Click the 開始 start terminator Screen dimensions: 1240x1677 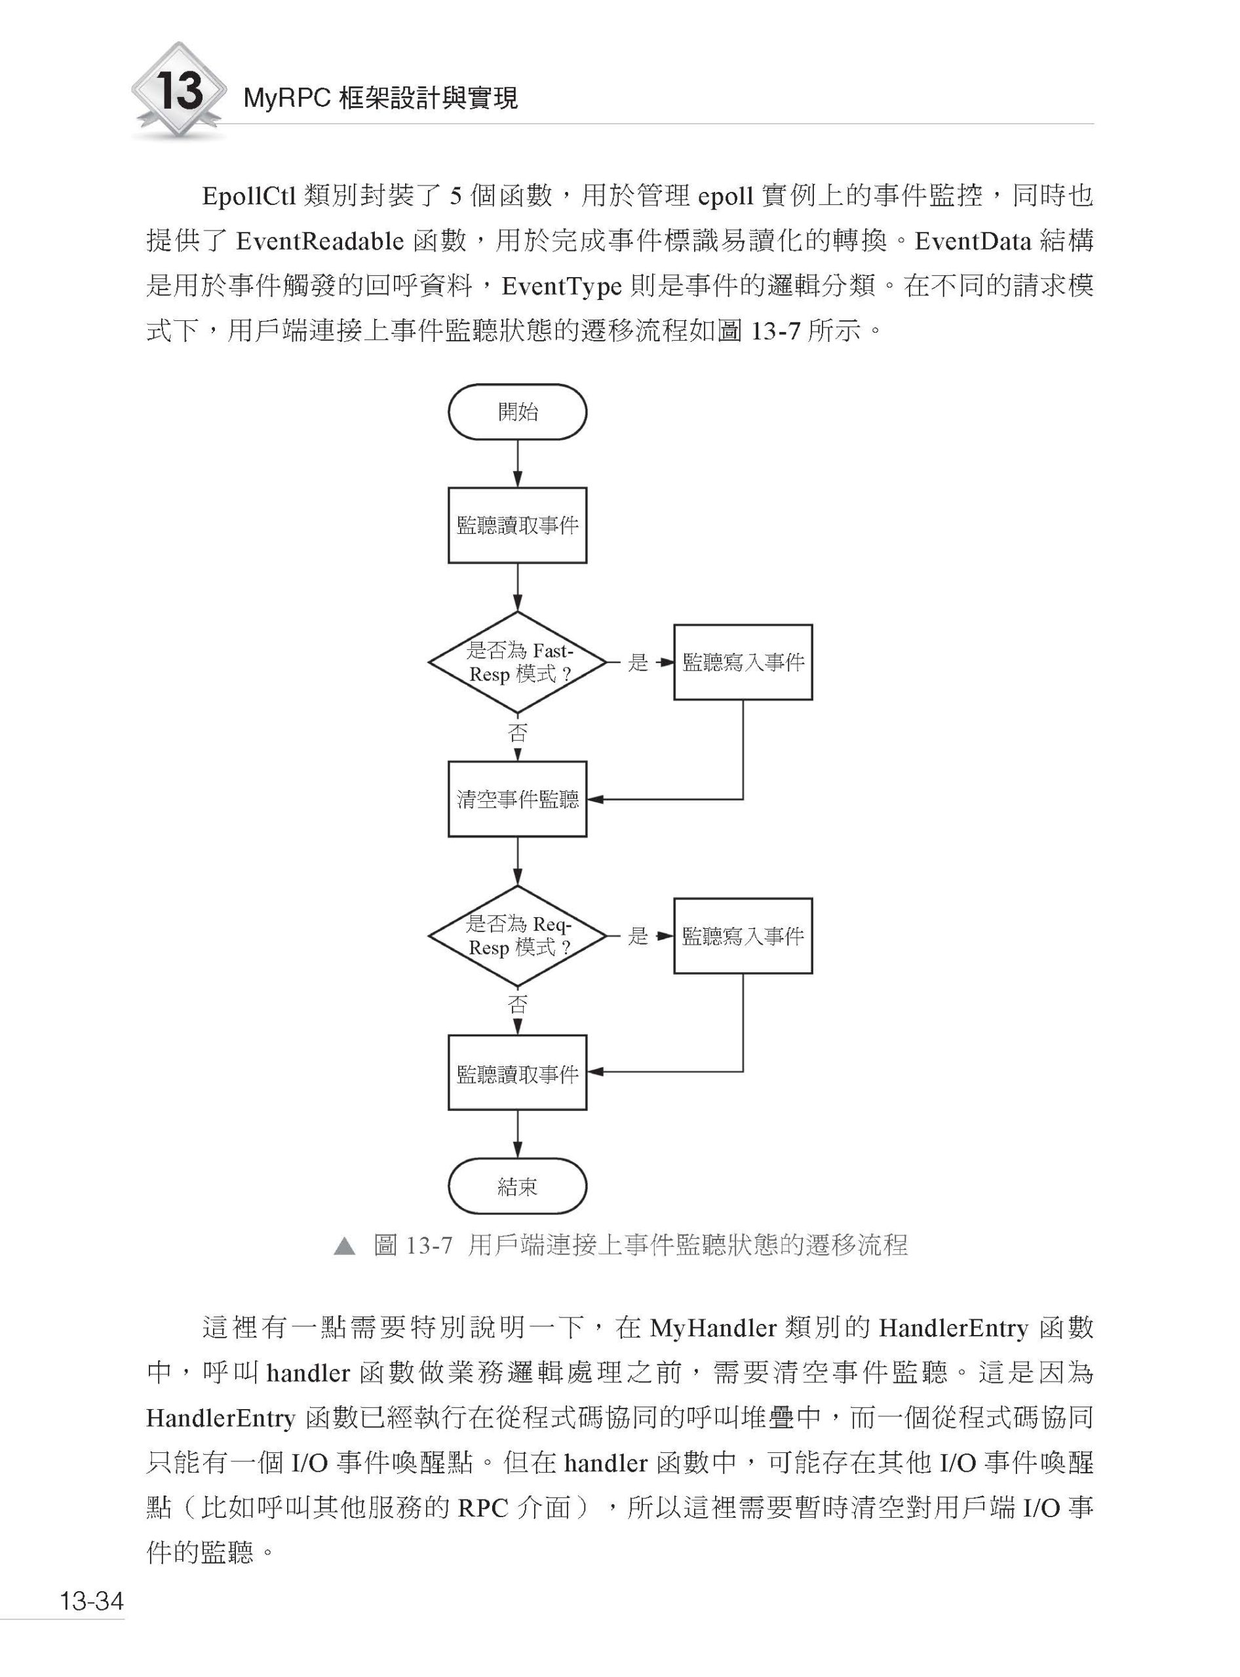pyautogui.click(x=517, y=412)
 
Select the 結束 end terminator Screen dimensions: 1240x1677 pyautogui.click(x=517, y=1186)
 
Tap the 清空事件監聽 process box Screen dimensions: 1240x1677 pyautogui.click(x=517, y=799)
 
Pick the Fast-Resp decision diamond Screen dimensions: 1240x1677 pyautogui.click(x=517, y=662)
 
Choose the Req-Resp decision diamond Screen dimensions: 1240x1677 pyautogui.click(x=517, y=935)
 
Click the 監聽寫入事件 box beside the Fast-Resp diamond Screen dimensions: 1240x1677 pyautogui.click(x=743, y=662)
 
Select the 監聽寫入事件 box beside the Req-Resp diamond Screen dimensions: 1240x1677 pyautogui.click(x=743, y=935)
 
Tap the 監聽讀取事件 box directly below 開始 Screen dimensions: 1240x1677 pyautogui.click(x=517, y=525)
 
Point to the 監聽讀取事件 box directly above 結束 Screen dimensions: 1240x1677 pyautogui.click(x=517, y=1073)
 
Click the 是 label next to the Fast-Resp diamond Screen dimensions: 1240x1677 pyautogui.click(x=637, y=662)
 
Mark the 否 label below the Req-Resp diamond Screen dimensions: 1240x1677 pyautogui.click(x=517, y=1005)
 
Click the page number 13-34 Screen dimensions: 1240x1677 pyautogui.click(x=92, y=1601)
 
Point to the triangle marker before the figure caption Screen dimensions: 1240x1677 pyautogui.click(x=345, y=1247)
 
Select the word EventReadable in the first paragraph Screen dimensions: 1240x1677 pyautogui.click(x=320, y=242)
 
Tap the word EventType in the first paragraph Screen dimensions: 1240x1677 pyautogui.click(x=562, y=287)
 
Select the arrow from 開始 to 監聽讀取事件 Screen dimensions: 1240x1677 pyautogui.click(x=517, y=464)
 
